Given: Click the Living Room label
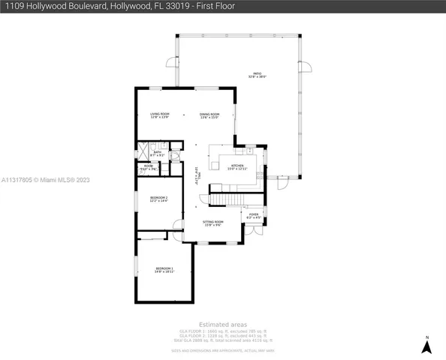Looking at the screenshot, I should pos(159,115).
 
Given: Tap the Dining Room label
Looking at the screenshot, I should pos(209,115).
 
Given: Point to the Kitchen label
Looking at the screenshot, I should pos(237,166).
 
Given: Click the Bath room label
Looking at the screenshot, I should pos(157,153).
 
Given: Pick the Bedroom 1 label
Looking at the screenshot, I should pos(164,269).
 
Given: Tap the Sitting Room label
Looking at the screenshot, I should pos(213,223).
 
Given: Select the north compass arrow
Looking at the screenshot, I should pos(426,346).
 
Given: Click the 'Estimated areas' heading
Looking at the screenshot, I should pos(223,325).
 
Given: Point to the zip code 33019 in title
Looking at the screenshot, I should pos(176,6).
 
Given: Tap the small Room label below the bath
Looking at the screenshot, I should pos(149,167).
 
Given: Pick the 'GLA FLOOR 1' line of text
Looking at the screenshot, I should pos(223,331).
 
